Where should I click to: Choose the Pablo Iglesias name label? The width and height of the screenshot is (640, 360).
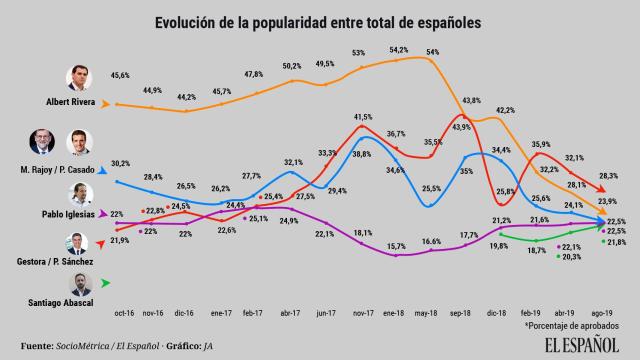[66, 214]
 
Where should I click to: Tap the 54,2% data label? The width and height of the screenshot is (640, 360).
[398, 48]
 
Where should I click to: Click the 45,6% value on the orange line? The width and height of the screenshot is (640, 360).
[122, 75]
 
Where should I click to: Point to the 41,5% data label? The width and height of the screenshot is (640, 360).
[362, 117]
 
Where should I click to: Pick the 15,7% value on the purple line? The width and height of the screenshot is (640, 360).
[398, 245]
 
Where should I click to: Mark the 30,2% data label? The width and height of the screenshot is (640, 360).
[120, 162]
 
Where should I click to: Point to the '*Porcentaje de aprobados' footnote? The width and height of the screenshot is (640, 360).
[573, 325]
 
